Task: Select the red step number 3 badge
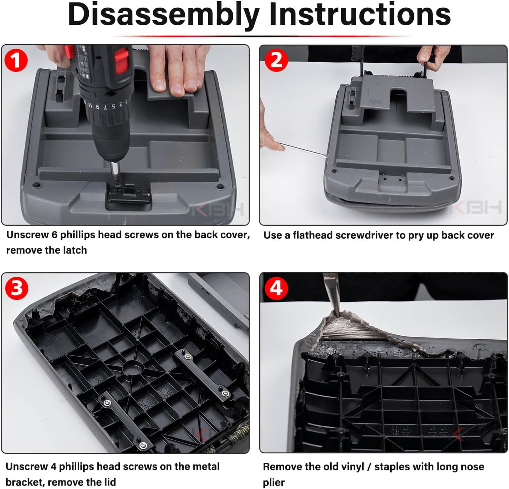(17, 288)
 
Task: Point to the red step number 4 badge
(276, 288)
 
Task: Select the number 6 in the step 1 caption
(54, 235)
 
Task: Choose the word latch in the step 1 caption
(75, 250)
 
